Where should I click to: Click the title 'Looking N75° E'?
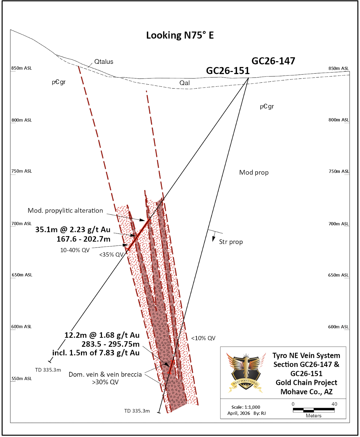pos(180,35)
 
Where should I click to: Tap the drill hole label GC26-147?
pos(273,61)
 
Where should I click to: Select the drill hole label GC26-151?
pos(228,71)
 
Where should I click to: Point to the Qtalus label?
pos(104,62)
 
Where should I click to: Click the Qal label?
pos(185,83)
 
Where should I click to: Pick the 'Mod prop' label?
pos(254,173)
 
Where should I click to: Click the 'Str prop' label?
pos(231,242)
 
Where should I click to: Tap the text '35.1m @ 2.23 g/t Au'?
pos(73,230)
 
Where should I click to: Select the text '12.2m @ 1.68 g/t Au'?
pos(102,335)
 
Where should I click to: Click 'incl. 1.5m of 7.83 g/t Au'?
pos(96,353)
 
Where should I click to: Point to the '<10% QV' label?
pos(203,338)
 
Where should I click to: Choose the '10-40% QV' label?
pos(75,250)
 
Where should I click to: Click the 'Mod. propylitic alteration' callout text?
pos(65,211)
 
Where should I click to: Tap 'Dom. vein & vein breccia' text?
pos(105,374)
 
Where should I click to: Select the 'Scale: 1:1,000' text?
pos(246,407)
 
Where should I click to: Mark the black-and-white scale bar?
pos(313,410)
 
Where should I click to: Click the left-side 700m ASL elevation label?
pos(21,224)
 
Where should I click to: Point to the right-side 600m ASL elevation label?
pos(338,327)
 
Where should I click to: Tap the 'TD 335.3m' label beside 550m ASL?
pos(48,370)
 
